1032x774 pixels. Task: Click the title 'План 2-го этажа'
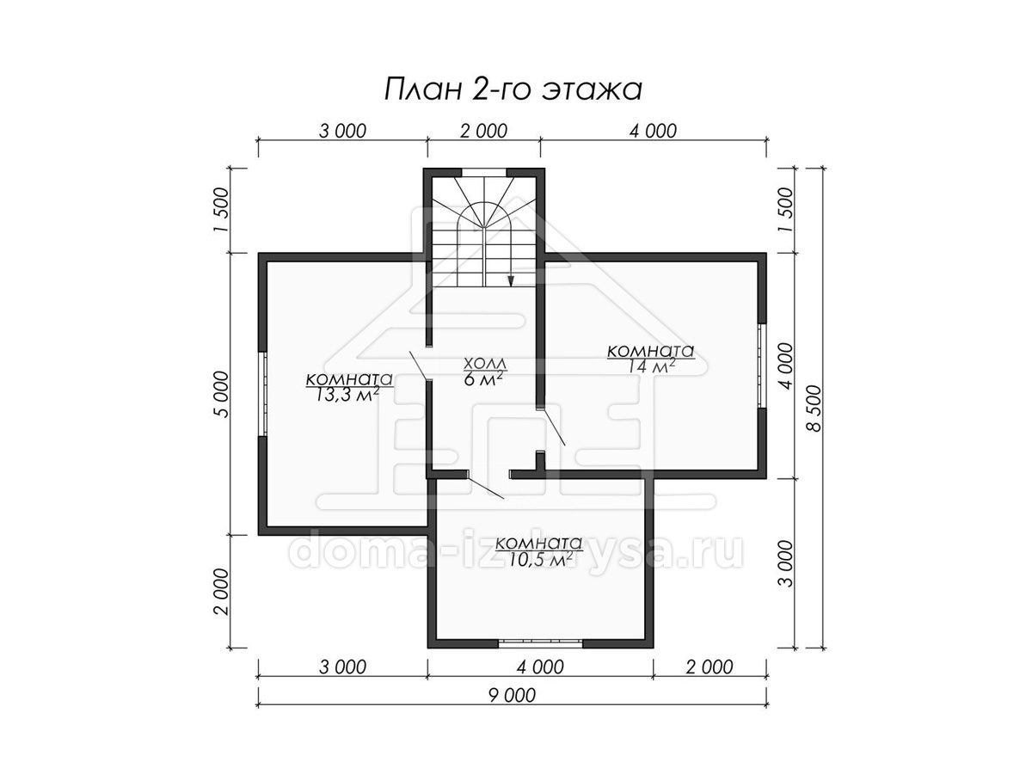[x=513, y=89]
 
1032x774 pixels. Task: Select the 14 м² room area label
[x=651, y=366]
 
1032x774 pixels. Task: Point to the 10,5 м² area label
[x=539, y=560]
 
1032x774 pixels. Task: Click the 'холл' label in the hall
[x=485, y=363]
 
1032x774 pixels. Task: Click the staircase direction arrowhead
[x=511, y=280]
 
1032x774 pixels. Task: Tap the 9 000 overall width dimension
[x=512, y=695]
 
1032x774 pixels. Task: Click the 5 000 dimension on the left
[x=220, y=394]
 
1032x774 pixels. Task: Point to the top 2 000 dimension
[x=484, y=131]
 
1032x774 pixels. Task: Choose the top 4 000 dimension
[x=653, y=131]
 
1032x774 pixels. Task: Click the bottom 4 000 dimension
[x=540, y=666]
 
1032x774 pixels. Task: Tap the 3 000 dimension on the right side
[x=784, y=563]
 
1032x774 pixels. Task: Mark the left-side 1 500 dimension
[x=220, y=210]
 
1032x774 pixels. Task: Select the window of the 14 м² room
[x=762, y=365]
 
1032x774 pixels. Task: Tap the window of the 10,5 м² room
[x=540, y=643]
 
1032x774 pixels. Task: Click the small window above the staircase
[x=484, y=173]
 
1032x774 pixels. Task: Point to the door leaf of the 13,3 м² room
[x=419, y=365]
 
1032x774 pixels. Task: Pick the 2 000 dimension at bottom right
[x=709, y=666]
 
